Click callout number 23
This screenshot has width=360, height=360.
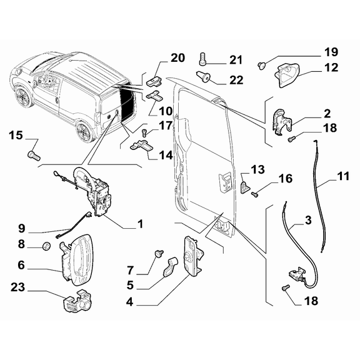17,287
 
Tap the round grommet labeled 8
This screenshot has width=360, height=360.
47,246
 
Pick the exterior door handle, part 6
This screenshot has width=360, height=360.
77,259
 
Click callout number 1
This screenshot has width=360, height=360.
141,224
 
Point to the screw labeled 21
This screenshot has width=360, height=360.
202,58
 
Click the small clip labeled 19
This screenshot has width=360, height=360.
261,66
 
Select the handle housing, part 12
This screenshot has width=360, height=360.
287,75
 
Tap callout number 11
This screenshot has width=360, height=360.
343,176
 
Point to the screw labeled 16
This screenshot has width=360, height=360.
254,194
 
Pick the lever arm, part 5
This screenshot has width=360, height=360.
171,266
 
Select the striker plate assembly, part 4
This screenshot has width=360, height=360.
193,256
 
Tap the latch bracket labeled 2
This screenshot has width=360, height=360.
281,122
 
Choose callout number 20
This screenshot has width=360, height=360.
177,58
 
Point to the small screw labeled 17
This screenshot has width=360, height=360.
144,132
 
